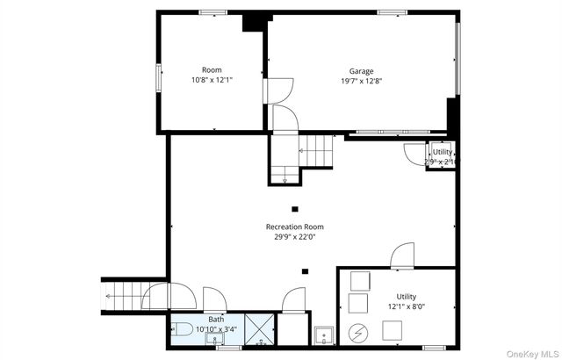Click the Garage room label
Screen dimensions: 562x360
(x=361, y=71)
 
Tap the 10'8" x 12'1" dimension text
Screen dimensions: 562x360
(x=212, y=80)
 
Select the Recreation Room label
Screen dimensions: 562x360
(x=295, y=227)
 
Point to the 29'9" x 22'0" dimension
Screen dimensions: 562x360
(x=295, y=237)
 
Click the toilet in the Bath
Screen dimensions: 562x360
(x=182, y=329)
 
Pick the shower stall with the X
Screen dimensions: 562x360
(x=260, y=329)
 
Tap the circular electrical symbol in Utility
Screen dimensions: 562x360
(x=358, y=334)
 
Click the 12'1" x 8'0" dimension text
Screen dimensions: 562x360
(x=407, y=306)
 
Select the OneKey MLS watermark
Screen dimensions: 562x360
(x=531, y=354)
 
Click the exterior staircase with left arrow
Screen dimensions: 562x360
(x=122, y=296)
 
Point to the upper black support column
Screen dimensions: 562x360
(x=295, y=209)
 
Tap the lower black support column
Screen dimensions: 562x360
(x=305, y=271)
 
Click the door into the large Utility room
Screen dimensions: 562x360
(x=402, y=256)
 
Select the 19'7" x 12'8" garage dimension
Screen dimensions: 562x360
(x=361, y=82)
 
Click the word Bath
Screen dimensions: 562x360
(x=216, y=319)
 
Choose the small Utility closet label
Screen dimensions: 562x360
(x=443, y=152)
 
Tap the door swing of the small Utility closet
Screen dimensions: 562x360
(x=414, y=154)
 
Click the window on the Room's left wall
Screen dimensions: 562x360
(x=158, y=78)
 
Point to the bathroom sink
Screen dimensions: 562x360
(x=214, y=339)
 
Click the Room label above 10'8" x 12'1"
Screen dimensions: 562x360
(x=212, y=70)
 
